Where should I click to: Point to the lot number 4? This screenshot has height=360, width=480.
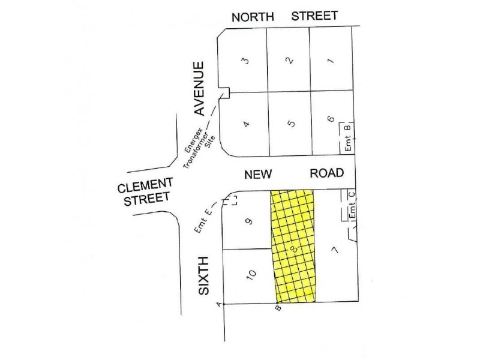(x=247, y=124)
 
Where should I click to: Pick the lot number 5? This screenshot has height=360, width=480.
(x=292, y=124)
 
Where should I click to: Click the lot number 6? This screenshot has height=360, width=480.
(x=331, y=119)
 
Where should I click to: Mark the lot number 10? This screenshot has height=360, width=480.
(x=252, y=275)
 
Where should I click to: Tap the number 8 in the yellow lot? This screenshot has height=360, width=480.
(x=293, y=247)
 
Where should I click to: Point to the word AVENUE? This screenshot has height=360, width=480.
(x=200, y=88)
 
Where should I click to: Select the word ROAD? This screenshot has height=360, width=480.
(x=327, y=173)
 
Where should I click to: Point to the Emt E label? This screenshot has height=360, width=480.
(x=204, y=221)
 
